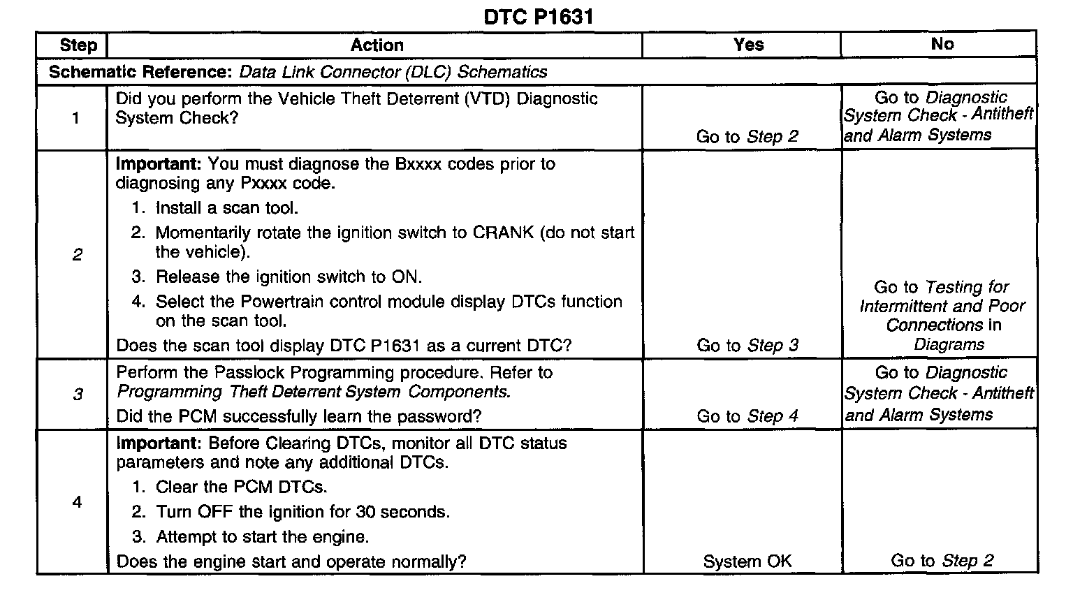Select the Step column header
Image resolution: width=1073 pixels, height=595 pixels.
pyautogui.click(x=78, y=45)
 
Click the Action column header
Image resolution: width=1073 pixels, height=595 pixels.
pyautogui.click(x=377, y=45)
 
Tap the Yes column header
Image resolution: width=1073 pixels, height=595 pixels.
pyautogui.click(x=748, y=45)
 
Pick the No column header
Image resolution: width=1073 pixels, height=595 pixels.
pyautogui.click(x=942, y=44)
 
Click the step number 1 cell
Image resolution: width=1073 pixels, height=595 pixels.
pyautogui.click(x=76, y=118)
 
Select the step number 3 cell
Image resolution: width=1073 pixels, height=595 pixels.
pyautogui.click(x=78, y=395)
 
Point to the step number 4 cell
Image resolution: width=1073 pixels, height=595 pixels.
pyautogui.click(x=77, y=502)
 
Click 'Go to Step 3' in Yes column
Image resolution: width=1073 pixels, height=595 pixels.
pyautogui.click(x=747, y=346)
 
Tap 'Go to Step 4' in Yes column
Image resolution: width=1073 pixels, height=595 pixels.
pyautogui.click(x=747, y=416)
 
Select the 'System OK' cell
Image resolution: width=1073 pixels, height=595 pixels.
pyautogui.click(x=747, y=561)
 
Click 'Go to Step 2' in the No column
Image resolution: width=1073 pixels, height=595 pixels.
pyautogui.click(x=942, y=561)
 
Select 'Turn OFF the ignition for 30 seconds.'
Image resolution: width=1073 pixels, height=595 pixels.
pyautogui.click(x=302, y=512)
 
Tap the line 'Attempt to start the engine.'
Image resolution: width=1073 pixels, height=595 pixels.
pyautogui.click(x=262, y=537)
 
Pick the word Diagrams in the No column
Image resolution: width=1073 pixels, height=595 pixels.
pyautogui.click(x=949, y=344)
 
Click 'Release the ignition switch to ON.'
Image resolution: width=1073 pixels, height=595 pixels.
pyautogui.click(x=289, y=277)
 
